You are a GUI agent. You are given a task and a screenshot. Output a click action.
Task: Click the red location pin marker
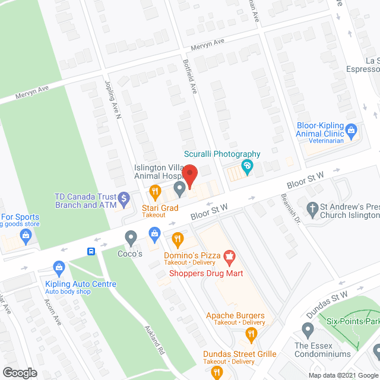[x=189, y=176]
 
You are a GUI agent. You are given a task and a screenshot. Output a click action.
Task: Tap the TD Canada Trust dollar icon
[x=123, y=197]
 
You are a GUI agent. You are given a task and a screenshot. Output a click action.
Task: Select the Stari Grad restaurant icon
[x=155, y=191]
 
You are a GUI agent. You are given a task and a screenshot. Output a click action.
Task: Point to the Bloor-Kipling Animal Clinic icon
[x=351, y=129]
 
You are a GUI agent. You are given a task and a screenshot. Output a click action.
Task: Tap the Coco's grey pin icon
[x=131, y=239]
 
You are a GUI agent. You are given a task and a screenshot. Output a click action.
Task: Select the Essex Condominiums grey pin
[x=307, y=329]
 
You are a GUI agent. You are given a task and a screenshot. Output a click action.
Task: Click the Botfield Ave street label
[x=192, y=84]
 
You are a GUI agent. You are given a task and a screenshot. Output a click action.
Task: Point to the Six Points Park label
[x=353, y=320]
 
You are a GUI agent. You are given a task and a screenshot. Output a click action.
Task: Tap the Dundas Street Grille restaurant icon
[x=217, y=373]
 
